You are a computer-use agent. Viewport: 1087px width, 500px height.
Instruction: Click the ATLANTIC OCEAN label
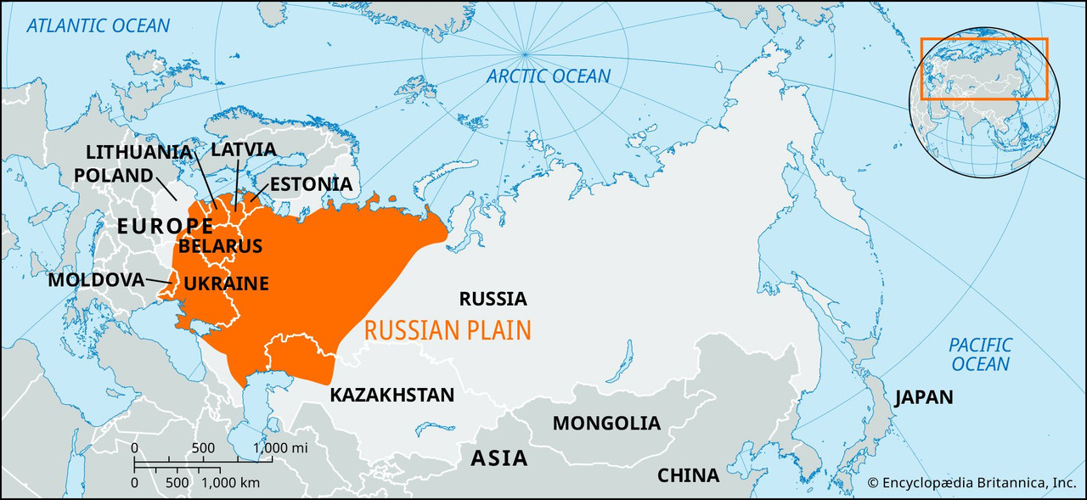coord(98,25)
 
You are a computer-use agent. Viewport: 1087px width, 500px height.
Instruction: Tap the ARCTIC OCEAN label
coord(548,76)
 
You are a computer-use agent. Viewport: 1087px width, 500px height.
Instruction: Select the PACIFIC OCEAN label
coord(980,354)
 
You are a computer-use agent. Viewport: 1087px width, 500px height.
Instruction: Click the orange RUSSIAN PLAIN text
coord(448,329)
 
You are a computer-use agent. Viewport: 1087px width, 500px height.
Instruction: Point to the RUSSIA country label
coord(493,299)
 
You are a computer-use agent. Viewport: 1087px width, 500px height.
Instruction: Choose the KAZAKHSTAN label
coord(391,395)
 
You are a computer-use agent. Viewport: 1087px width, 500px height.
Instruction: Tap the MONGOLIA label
coord(605,423)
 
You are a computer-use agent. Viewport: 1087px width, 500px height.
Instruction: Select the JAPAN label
coord(922,397)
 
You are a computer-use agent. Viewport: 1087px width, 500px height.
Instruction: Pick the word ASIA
coord(498,458)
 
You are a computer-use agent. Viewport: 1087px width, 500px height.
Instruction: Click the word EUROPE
coord(164,226)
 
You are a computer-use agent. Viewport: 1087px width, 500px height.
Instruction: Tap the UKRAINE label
coord(226,284)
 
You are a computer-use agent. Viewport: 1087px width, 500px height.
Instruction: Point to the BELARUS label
coord(220,246)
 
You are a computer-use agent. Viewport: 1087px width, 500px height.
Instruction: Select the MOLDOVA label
coord(96,279)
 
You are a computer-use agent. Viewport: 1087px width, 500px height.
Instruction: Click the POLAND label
coord(113,175)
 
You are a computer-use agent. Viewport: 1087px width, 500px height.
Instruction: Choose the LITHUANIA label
coord(138,152)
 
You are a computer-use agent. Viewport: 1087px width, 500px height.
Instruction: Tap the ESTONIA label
coord(310,184)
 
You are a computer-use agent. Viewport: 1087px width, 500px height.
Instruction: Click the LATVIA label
coord(243,149)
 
